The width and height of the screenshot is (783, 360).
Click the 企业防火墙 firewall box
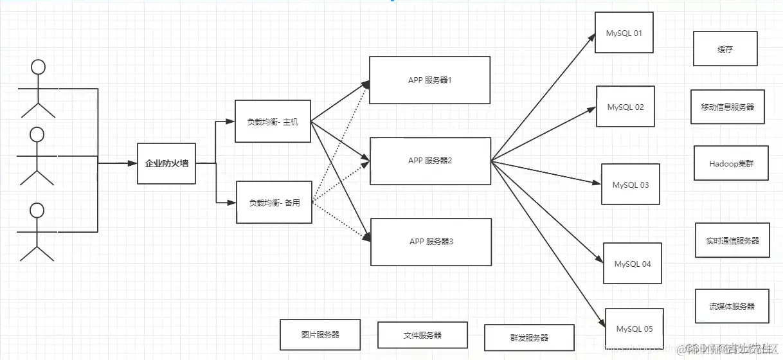(166, 163)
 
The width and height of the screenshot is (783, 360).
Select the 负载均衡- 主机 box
(273, 122)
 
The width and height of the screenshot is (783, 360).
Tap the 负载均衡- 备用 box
(274, 203)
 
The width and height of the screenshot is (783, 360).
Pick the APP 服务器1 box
(429, 80)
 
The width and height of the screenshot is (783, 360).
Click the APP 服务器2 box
(430, 161)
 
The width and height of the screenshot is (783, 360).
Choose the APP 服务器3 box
(431, 242)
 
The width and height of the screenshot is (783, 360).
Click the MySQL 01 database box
(624, 33)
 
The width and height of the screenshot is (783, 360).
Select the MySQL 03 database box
(630, 184)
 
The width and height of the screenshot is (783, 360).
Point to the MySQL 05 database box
(634, 328)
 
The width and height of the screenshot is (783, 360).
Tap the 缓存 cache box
(725, 49)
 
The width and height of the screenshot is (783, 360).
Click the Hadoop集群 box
(731, 163)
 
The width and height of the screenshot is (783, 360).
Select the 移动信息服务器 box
(727, 107)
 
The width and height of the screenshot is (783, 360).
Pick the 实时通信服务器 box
(732, 240)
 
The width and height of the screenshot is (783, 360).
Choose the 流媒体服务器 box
(732, 306)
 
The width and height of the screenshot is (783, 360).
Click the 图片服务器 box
(320, 335)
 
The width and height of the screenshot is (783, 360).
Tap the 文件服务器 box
(422, 335)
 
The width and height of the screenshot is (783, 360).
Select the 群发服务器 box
(529, 337)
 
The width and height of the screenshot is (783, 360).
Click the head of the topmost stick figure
(39, 67)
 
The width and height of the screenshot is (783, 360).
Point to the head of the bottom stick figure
(37, 210)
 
